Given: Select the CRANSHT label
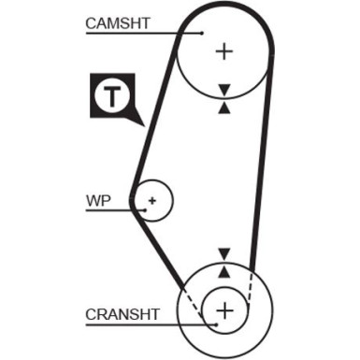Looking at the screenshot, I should click(122, 313).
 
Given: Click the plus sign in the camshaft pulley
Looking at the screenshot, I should click(223, 50).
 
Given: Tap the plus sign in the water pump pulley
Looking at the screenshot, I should click(152, 199).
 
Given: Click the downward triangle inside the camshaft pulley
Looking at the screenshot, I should click(223, 90).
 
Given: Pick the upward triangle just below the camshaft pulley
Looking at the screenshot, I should click(223, 108).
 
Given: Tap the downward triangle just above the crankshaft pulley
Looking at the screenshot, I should click(223, 253).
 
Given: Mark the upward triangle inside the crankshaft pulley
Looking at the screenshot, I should click(223, 271).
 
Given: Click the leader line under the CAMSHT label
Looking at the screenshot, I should click(140, 34).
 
